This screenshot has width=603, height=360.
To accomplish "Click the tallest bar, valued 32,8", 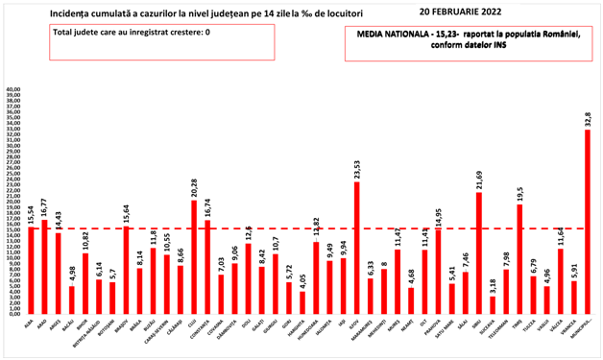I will (588, 221).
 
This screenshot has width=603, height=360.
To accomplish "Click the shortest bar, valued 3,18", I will (493, 303).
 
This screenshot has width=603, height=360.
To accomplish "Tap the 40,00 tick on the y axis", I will (13, 90).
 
